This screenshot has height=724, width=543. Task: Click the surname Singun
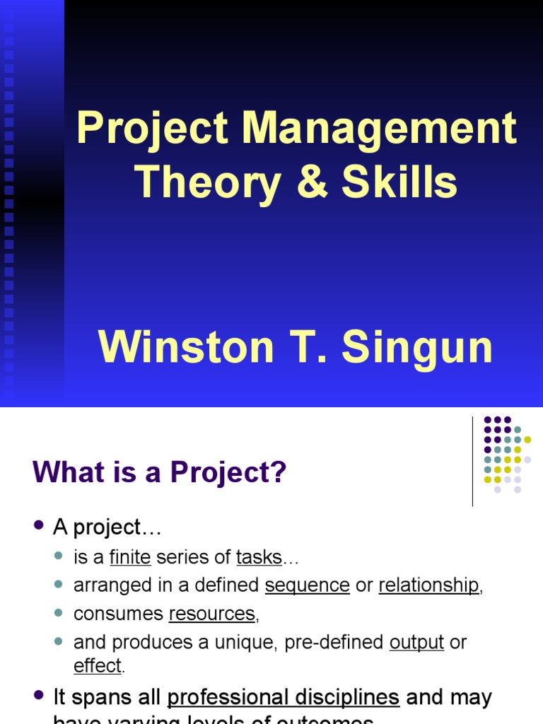pos(417,348)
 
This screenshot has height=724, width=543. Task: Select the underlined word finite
pos(130,557)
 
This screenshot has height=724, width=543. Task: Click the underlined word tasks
pos(259,557)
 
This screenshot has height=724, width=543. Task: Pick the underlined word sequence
pos(308,585)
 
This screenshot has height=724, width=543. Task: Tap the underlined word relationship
pos(428,585)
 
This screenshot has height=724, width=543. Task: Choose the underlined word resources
pos(211,614)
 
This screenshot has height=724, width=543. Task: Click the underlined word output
pos(417,642)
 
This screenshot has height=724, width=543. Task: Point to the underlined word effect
pos(98,665)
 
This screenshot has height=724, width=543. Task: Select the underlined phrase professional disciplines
pos(283,698)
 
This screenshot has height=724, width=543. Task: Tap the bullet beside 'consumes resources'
pos(60,614)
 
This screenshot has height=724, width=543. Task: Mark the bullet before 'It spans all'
pos(39,697)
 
